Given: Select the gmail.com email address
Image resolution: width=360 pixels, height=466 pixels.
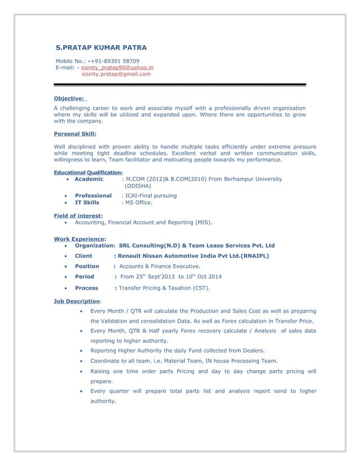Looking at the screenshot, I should click(x=116, y=74).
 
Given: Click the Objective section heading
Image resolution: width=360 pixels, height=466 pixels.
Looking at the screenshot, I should click(x=69, y=98).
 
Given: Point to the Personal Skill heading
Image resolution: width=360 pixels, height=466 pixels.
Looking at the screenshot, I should click(x=74, y=134).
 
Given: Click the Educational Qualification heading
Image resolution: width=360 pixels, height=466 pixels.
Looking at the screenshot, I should click(x=88, y=172).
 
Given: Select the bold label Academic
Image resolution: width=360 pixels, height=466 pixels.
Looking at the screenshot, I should click(x=89, y=179).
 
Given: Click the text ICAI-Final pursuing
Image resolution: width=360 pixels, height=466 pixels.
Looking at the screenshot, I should click(x=151, y=195).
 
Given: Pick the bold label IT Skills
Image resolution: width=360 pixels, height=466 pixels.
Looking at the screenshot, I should click(x=87, y=202).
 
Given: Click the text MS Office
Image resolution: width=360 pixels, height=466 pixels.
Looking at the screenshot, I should click(x=139, y=202).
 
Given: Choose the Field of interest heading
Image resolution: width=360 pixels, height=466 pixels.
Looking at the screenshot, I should click(x=77, y=216).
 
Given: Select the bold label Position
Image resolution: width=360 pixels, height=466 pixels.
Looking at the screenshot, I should click(x=87, y=266).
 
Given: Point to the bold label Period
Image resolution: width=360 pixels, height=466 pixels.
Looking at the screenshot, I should click(x=85, y=276).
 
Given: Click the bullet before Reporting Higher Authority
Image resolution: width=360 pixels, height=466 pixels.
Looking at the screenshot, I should click(x=84, y=350).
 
